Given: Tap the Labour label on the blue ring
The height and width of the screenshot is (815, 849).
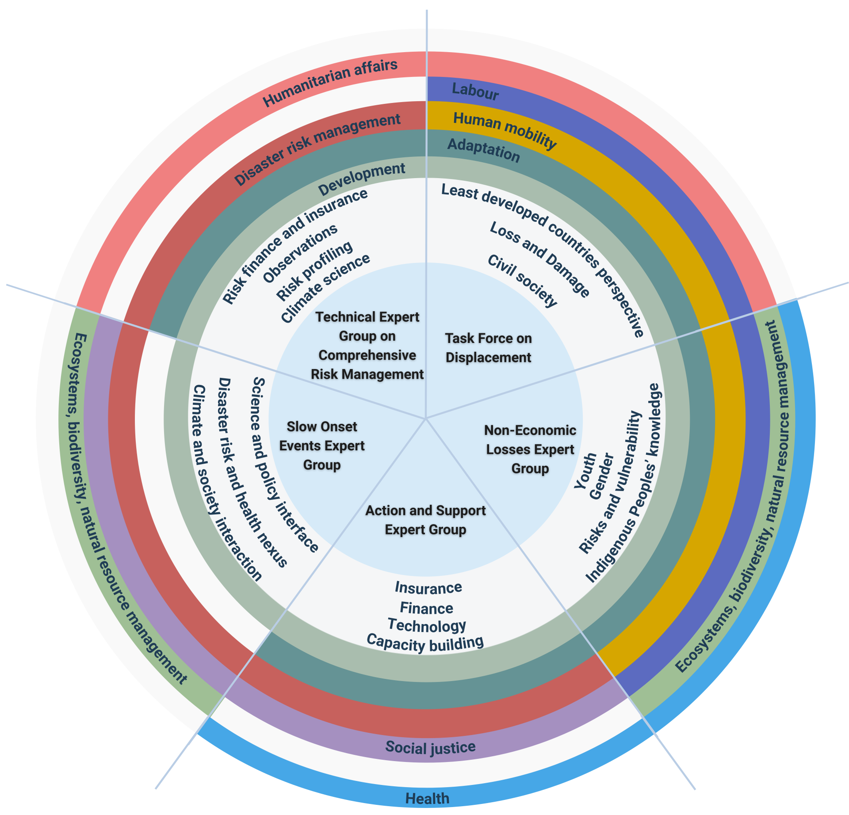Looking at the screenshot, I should click(475, 91).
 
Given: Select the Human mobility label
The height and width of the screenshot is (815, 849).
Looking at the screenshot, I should click(505, 129).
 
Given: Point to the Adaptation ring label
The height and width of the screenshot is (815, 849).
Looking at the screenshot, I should click(483, 150).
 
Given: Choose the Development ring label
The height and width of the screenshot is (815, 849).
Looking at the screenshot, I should click(362, 178).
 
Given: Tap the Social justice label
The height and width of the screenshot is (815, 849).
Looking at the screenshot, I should click(430, 747).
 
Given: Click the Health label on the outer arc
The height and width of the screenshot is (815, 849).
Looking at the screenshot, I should click(427, 798).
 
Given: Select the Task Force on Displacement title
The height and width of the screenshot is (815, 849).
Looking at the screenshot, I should click(488, 348).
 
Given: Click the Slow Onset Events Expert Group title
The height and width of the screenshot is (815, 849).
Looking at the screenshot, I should click(322, 446).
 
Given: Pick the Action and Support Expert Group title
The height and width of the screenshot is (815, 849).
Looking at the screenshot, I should click(425, 520).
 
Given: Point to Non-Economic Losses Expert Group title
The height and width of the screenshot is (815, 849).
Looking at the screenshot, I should click(530, 449).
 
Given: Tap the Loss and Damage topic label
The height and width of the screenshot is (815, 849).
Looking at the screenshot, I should click(540, 259).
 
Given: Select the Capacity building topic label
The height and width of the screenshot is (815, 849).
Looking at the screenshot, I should click(425, 643).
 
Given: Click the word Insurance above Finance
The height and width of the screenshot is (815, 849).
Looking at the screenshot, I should click(428, 587).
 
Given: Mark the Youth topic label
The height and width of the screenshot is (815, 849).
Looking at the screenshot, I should click(585, 471).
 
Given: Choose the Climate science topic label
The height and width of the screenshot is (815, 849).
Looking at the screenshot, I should click(325, 288).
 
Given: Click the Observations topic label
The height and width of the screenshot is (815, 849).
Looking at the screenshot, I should click(300, 253).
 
